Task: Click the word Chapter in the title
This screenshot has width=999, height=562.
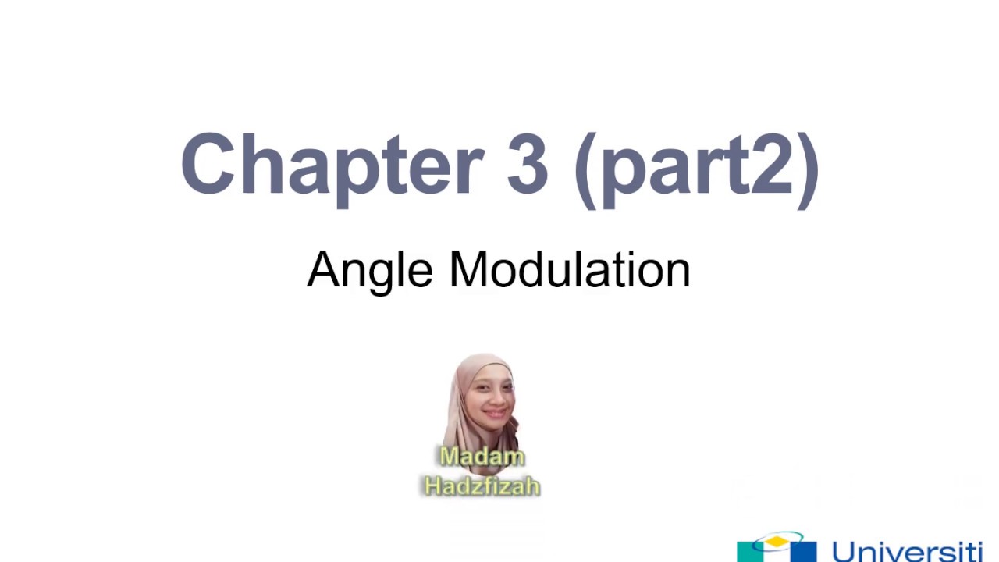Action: coord(332,165)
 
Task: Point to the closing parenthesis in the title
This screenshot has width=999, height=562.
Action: coord(809,168)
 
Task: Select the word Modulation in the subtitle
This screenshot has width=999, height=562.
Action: coord(570,270)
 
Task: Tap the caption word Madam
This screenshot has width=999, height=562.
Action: coord(482,457)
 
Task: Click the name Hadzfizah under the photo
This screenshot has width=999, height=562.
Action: coord(482,486)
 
